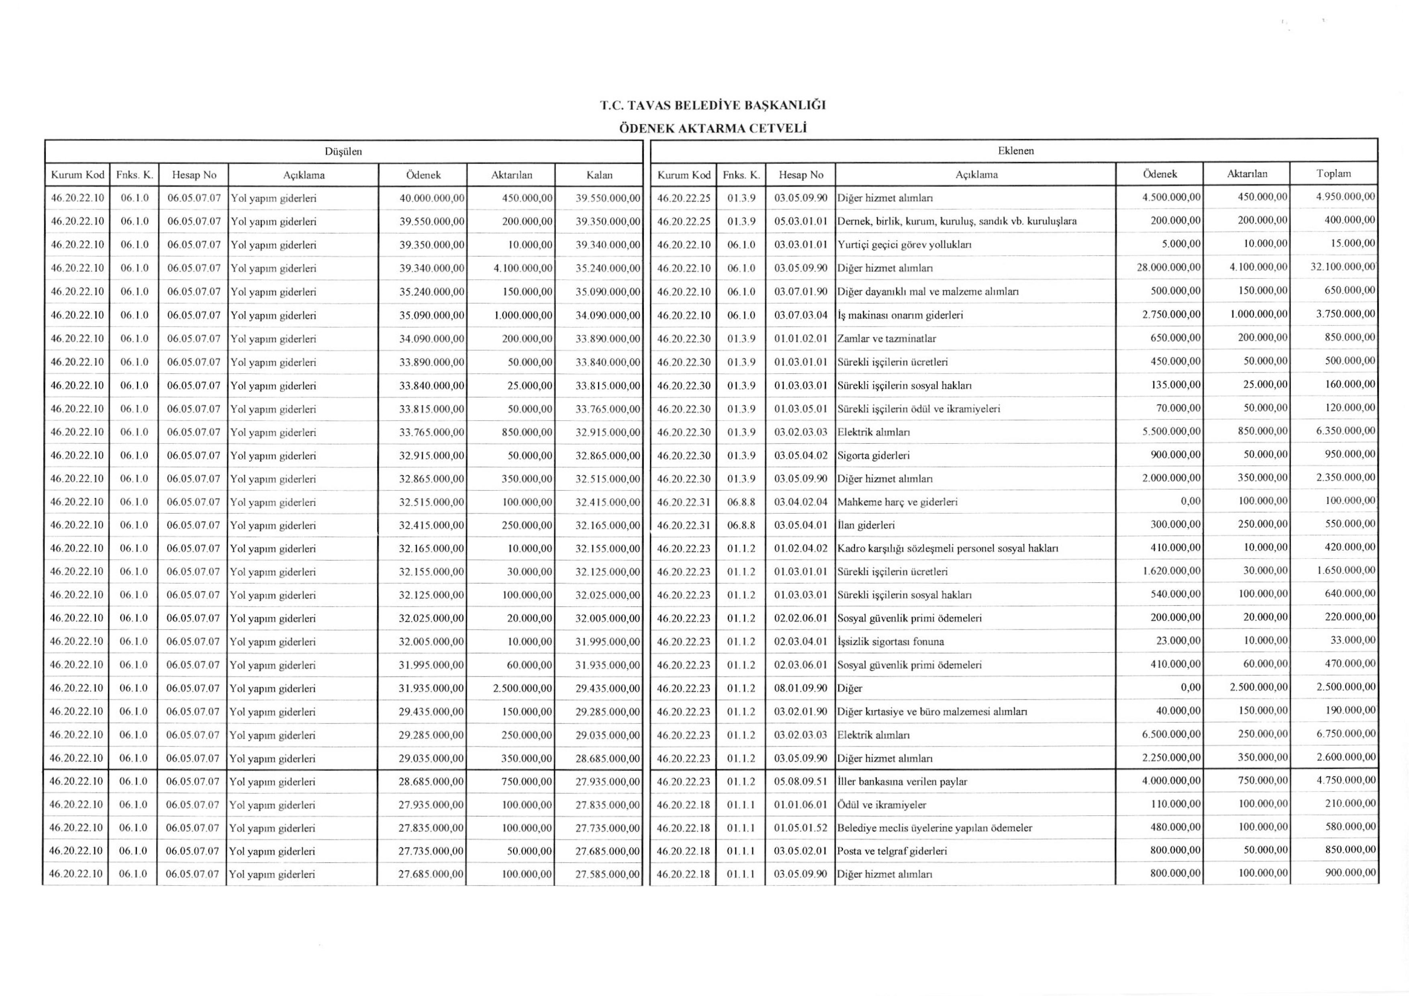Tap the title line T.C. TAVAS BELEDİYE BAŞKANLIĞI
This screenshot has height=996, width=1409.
coord(712,105)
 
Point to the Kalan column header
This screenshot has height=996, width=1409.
coord(599,175)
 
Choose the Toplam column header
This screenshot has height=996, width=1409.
coord(1333,173)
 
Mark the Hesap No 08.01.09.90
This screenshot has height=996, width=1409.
coord(800,688)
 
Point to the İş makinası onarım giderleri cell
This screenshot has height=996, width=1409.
coord(900,315)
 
